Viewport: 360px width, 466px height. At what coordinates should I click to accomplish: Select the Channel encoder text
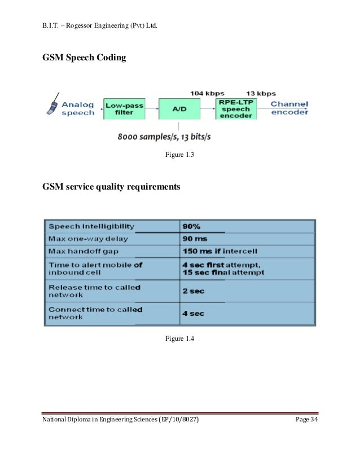[289, 108]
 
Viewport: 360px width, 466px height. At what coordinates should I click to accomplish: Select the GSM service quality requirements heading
[112, 187]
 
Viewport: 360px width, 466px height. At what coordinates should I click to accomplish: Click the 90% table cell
[191, 226]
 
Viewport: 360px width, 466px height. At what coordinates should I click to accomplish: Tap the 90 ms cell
[195, 239]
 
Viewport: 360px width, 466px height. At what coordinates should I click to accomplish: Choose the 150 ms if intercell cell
[216, 251]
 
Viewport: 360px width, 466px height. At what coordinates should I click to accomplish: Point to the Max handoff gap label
[84, 251]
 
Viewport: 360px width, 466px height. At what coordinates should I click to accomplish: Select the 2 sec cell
[194, 291]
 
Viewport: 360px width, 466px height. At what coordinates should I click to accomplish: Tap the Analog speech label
[78, 108]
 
